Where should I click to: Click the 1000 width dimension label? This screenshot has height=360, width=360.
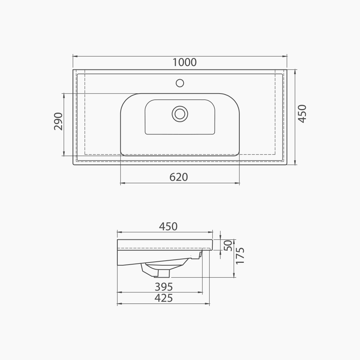pos(184,62)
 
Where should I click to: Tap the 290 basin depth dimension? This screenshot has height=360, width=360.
pos(58,121)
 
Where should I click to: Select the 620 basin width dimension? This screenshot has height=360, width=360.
pos(179,177)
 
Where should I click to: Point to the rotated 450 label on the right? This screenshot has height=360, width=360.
pos(302,113)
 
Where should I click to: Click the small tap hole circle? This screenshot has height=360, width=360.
pos(180,83)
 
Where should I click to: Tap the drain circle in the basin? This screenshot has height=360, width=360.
pos(180,113)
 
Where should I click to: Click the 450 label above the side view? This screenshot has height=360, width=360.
pos(168,226)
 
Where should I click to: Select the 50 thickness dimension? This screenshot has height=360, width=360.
pos(228,246)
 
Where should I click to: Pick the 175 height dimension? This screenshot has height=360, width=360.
pos(240,256)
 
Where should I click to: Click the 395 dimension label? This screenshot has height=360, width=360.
pos(164,287)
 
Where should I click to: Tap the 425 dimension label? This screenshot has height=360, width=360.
pos(164,298)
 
